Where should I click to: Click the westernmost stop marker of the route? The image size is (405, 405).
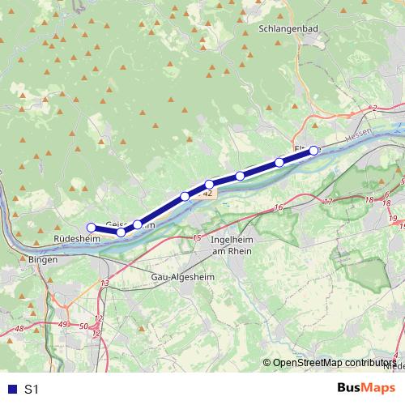point(92,228)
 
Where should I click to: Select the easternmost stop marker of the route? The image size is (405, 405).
point(313,150)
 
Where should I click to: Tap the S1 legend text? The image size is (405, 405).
point(32,390)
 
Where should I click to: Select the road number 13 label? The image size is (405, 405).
point(104,282)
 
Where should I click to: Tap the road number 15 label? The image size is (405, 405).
point(197,237)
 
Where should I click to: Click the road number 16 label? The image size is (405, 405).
point(278,208)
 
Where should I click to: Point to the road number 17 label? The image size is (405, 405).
point(327,201)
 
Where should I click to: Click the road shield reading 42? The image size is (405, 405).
point(208,194)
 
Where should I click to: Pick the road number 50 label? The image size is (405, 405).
point(83,326)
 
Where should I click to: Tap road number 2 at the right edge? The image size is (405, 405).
point(375,108)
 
